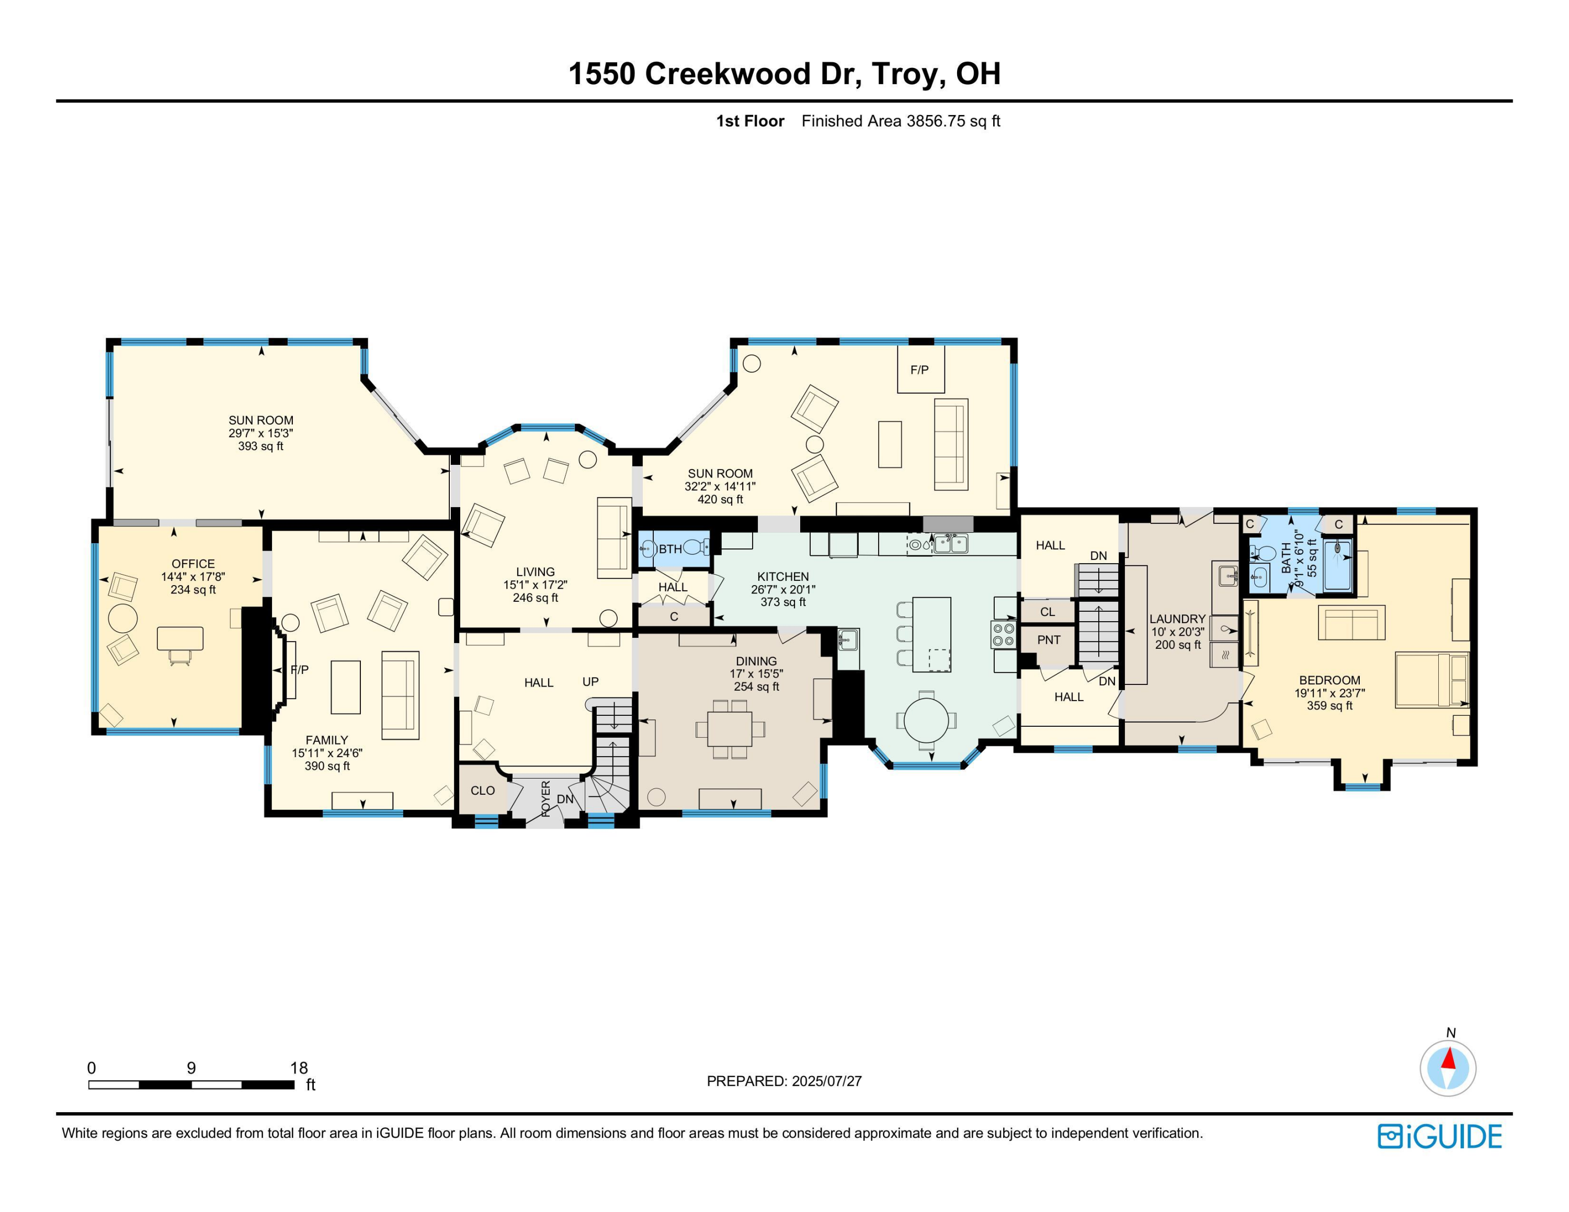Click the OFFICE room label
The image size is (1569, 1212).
[192, 564]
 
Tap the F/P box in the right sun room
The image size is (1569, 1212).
[920, 370]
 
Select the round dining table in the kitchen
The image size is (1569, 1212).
[927, 719]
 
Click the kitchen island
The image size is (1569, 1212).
[932, 634]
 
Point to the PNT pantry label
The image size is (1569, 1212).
[1048, 640]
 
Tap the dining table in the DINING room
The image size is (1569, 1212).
[730, 729]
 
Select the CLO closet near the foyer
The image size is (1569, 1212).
[482, 791]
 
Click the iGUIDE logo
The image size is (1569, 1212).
[1440, 1136]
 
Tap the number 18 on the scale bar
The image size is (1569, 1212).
[299, 1068]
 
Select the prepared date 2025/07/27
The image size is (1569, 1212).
[826, 1081]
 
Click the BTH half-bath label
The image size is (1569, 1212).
[670, 550]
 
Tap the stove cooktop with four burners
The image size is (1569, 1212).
[1003, 635]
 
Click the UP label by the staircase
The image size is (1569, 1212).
[590, 681]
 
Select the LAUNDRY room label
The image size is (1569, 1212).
[1177, 619]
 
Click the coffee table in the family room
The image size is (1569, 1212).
[346, 687]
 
